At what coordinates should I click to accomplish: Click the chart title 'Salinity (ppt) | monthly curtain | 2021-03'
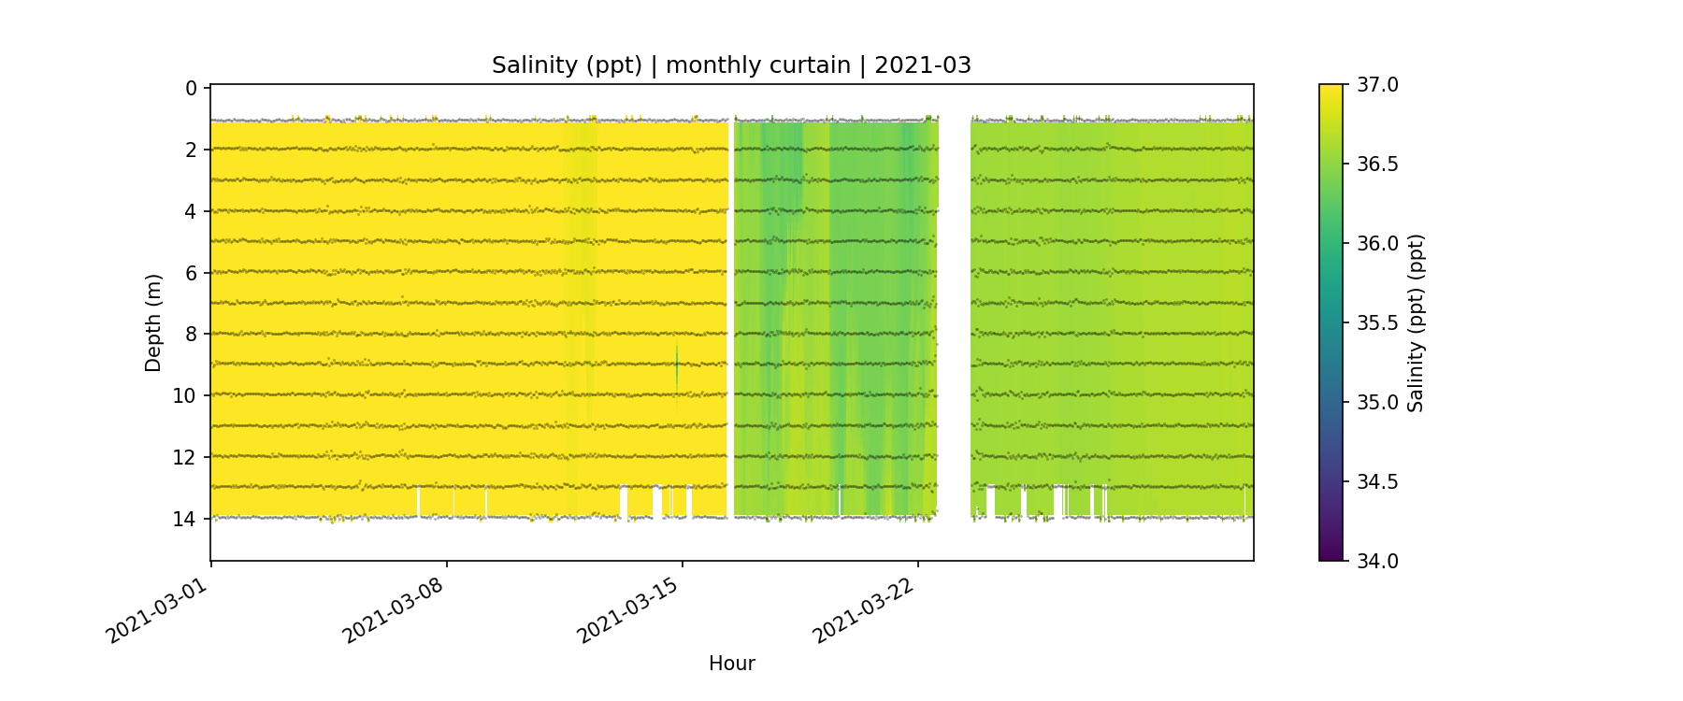[x=731, y=65]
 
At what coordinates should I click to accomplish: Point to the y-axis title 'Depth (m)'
[x=153, y=322]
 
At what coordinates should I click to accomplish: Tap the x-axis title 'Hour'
[x=731, y=664]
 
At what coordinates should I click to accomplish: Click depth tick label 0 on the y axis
[x=191, y=89]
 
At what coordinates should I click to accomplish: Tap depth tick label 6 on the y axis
[x=191, y=273]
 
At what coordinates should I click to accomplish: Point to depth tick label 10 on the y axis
[x=185, y=395]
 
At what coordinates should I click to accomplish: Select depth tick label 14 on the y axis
[x=185, y=519]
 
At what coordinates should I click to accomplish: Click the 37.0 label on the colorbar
[x=1377, y=85]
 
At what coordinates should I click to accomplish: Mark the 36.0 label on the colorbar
[x=1377, y=244]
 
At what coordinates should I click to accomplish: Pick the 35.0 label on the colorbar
[x=1377, y=403]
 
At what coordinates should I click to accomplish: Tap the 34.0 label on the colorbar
[x=1377, y=561]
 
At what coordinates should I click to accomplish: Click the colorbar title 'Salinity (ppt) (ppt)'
[x=1416, y=322]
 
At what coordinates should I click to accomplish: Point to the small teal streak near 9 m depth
[x=677, y=367]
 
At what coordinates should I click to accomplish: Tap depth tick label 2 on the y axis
[x=191, y=150]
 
